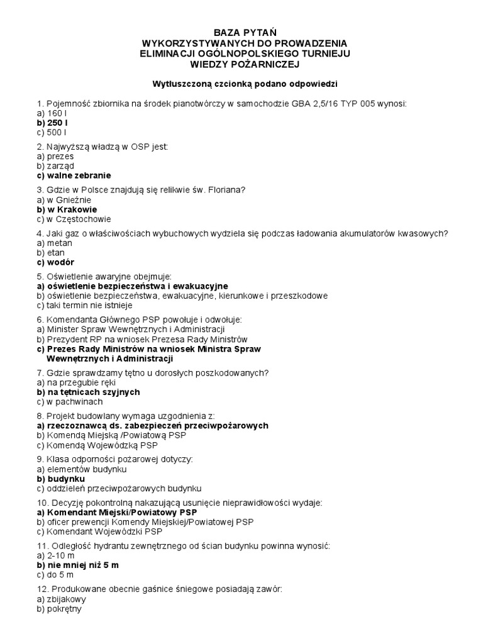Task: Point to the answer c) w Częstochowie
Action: (x=74, y=219)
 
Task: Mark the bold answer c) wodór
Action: (x=60, y=262)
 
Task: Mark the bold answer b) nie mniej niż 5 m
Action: (x=77, y=565)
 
